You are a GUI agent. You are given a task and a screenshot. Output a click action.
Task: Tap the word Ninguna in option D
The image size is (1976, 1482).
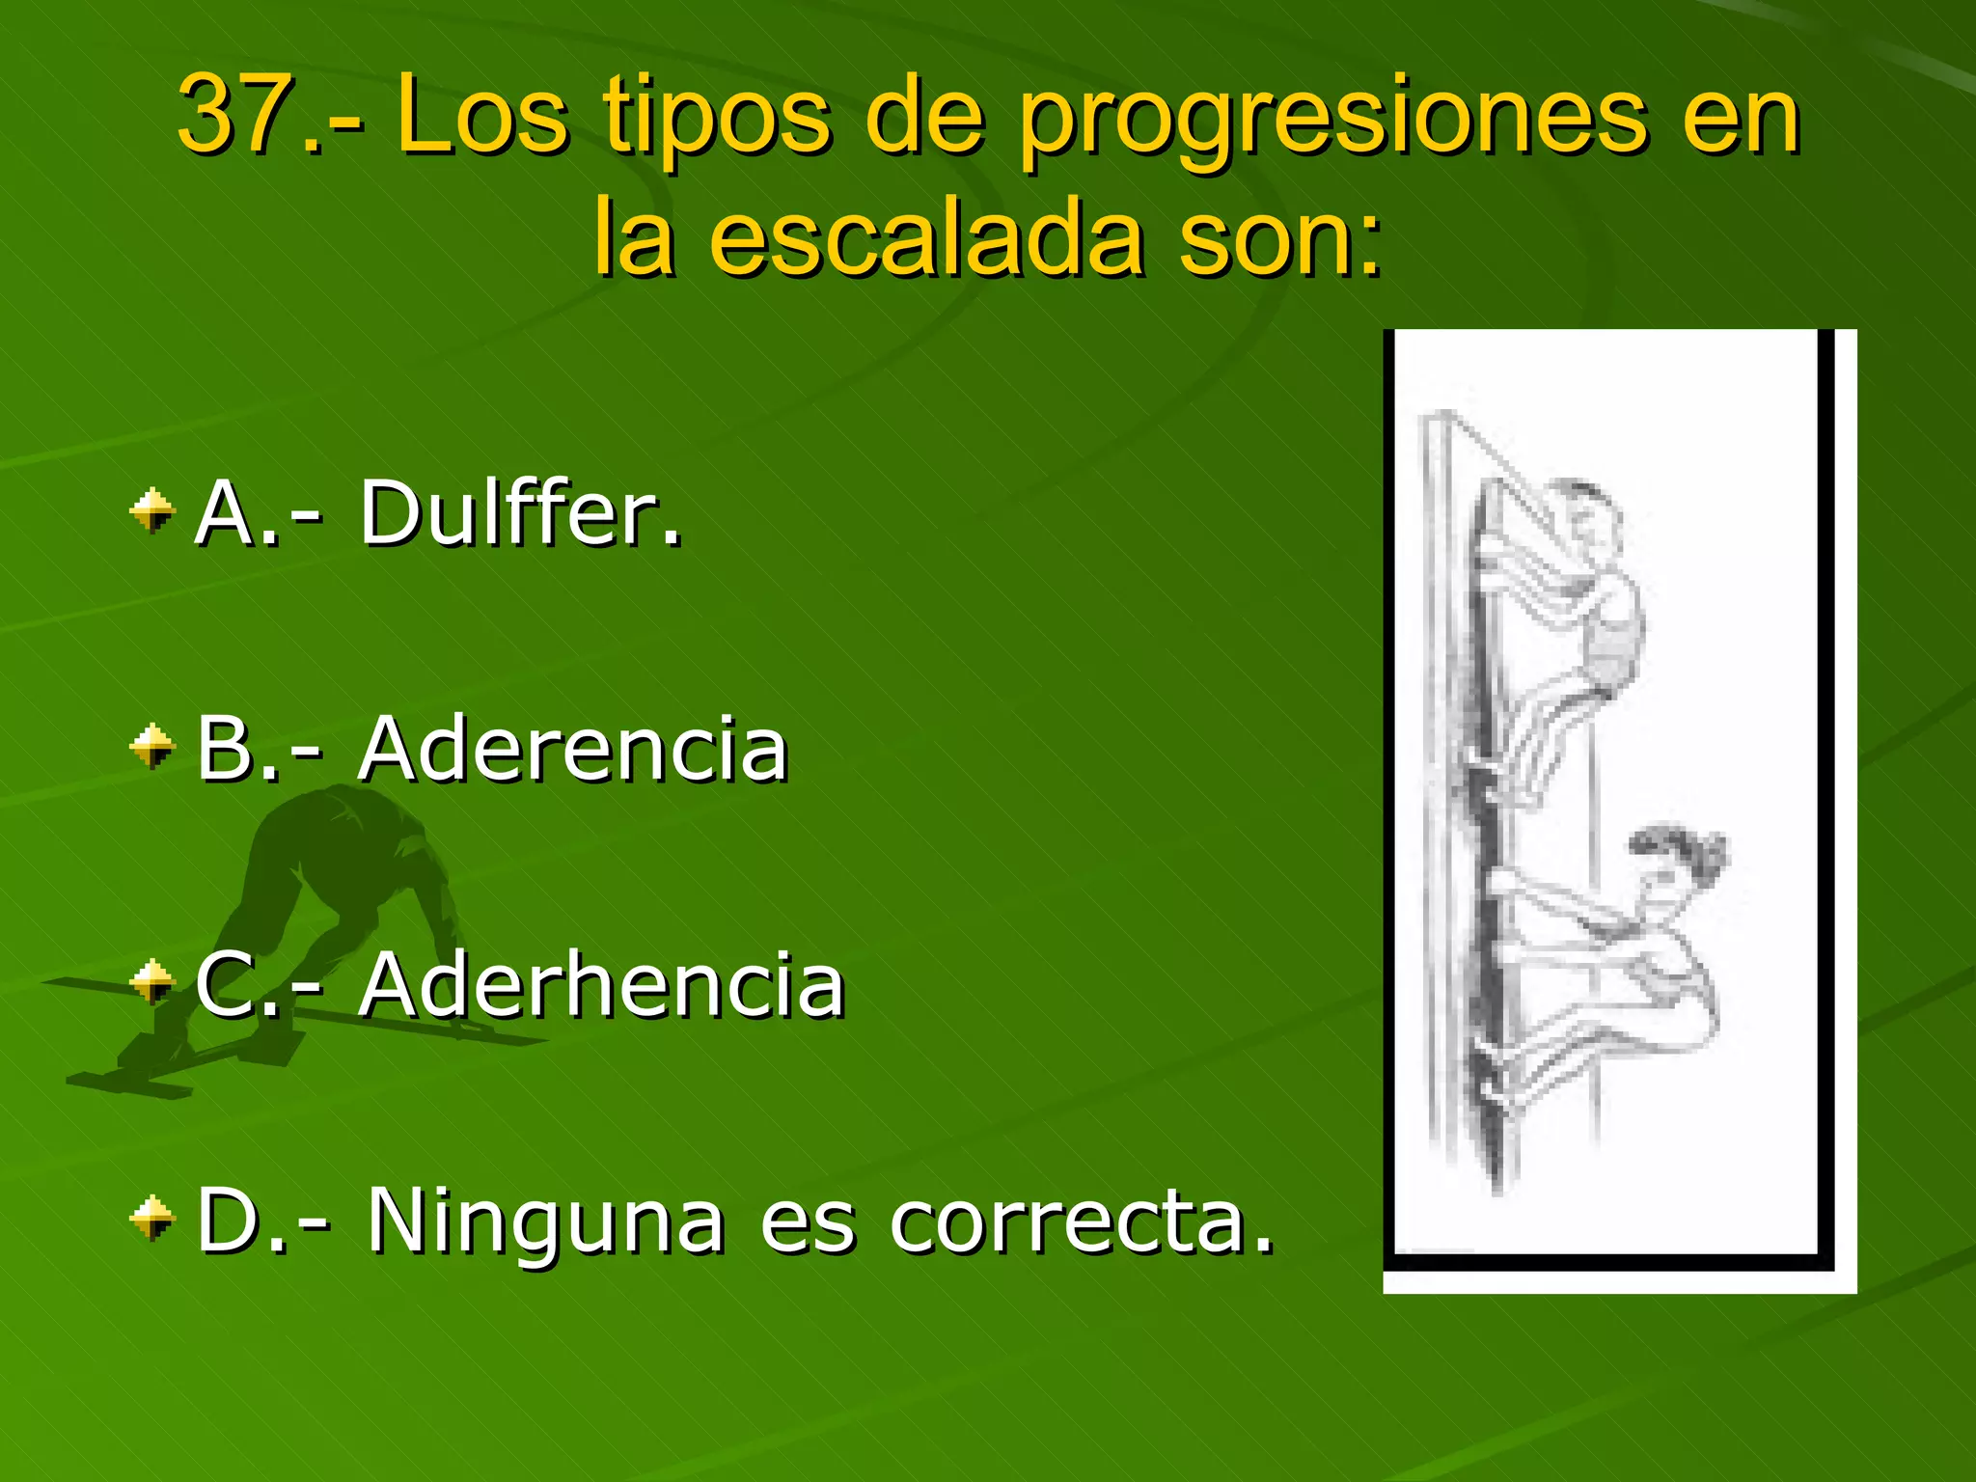point(545,1221)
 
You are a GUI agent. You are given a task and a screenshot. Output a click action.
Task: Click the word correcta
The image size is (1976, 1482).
point(1081,1221)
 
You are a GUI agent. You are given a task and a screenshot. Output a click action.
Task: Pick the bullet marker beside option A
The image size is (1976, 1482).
point(152,510)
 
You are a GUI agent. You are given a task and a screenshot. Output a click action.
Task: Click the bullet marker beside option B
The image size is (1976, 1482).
point(152,747)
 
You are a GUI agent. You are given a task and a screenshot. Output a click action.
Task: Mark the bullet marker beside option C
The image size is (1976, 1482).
point(152,982)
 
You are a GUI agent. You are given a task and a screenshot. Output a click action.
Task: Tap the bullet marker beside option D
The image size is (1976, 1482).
point(152,1218)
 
